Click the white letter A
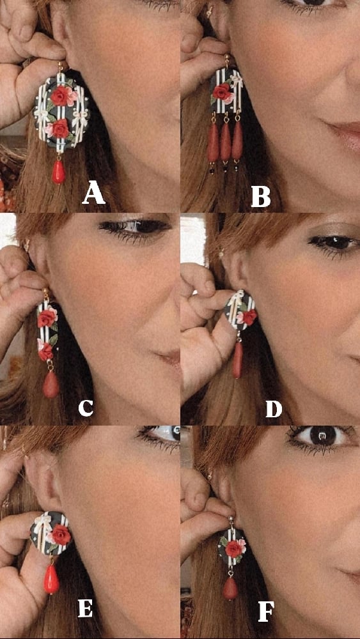click(x=93, y=194)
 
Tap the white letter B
click(x=260, y=197)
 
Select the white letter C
click(x=86, y=408)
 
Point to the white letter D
click(x=274, y=408)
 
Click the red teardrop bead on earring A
click(x=58, y=171)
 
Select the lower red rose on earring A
click(x=60, y=129)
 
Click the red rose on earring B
click(x=221, y=91)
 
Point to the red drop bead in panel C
click(x=51, y=384)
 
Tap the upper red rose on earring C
click(x=47, y=318)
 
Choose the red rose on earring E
click(x=61, y=534)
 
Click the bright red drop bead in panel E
click(x=51, y=579)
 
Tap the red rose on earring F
click(x=233, y=548)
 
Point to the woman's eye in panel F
click(x=322, y=436)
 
